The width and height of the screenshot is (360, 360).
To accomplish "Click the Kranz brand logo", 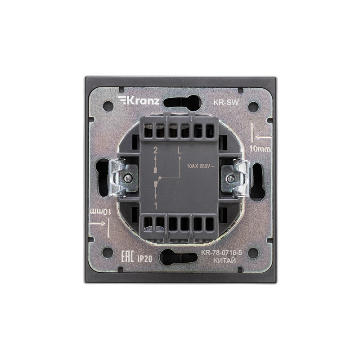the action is pyautogui.click(x=139, y=100).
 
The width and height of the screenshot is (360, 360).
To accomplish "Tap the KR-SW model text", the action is pyautogui.click(x=226, y=103).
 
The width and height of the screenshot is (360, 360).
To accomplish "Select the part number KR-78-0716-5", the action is pyautogui.click(x=221, y=253).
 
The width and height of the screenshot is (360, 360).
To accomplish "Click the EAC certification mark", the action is pyautogui.click(x=127, y=256).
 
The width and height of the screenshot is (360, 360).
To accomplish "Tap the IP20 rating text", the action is pyautogui.click(x=144, y=259).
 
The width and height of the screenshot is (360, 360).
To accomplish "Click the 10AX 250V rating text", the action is pyautogui.click(x=201, y=166).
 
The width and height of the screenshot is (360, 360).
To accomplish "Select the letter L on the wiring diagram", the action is pyautogui.click(x=180, y=151).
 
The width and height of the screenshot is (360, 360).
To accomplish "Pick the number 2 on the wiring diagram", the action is pyautogui.click(x=155, y=151).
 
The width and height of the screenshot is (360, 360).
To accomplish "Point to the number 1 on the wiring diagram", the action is pyautogui.click(x=156, y=206).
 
